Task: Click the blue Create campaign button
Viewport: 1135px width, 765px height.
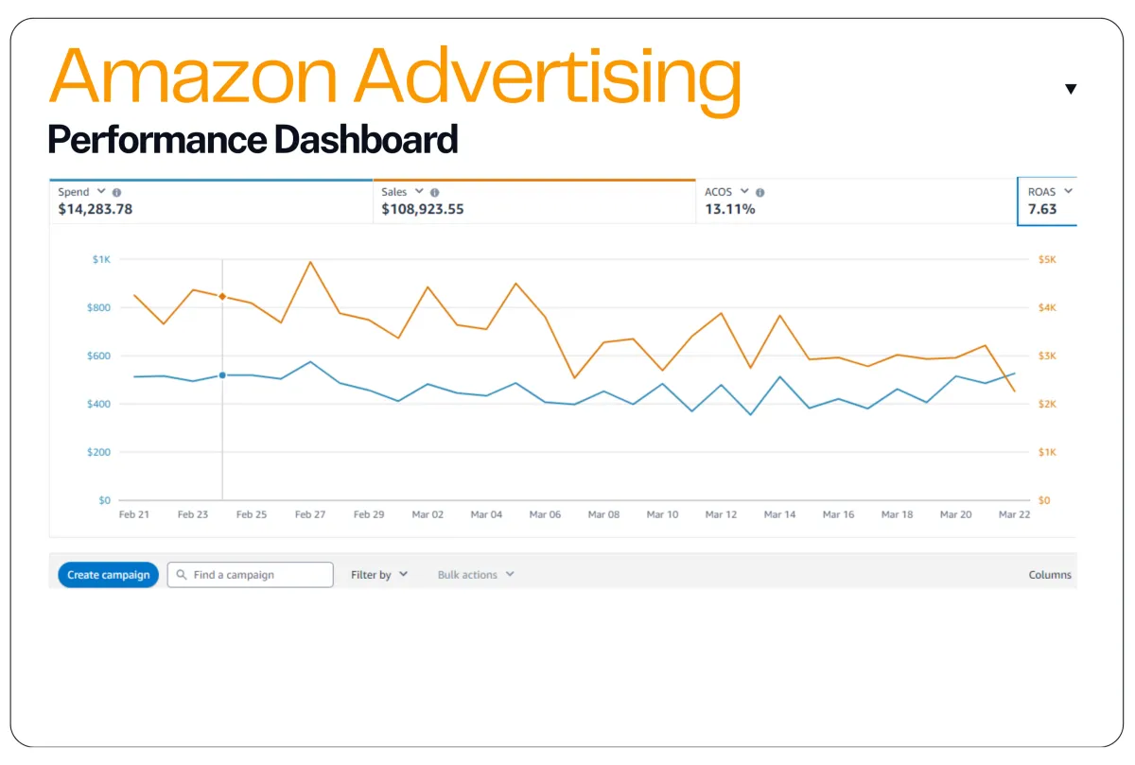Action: pyautogui.click(x=108, y=575)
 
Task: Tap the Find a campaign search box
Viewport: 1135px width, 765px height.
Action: pyautogui.click(x=251, y=575)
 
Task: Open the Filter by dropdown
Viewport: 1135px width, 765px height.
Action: pyautogui.click(x=378, y=575)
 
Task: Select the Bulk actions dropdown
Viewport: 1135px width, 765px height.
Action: pyautogui.click(x=476, y=575)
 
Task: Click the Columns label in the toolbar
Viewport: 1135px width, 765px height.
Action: pyautogui.click(x=1050, y=575)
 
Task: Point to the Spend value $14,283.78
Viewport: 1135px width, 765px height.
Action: pyautogui.click(x=96, y=210)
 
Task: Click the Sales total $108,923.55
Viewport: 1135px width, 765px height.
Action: pyautogui.click(x=423, y=210)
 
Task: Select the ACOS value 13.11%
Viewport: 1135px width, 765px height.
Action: pyautogui.click(x=730, y=210)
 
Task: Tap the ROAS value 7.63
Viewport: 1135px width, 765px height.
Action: pyautogui.click(x=1042, y=210)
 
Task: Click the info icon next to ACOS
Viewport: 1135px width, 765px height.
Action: pyautogui.click(x=760, y=193)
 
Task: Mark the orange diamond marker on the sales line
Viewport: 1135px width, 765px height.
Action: pyautogui.click(x=222, y=296)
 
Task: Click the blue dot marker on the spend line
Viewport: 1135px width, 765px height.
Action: pyautogui.click(x=222, y=375)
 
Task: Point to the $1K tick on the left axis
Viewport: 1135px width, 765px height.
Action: pyautogui.click(x=100, y=259)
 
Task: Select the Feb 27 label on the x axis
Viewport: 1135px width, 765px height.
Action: pyautogui.click(x=310, y=515)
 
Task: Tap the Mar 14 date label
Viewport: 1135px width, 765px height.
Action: pyautogui.click(x=779, y=515)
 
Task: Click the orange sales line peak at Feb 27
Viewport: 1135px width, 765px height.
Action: pyautogui.click(x=310, y=262)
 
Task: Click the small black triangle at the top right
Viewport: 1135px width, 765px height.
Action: pyautogui.click(x=1071, y=89)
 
